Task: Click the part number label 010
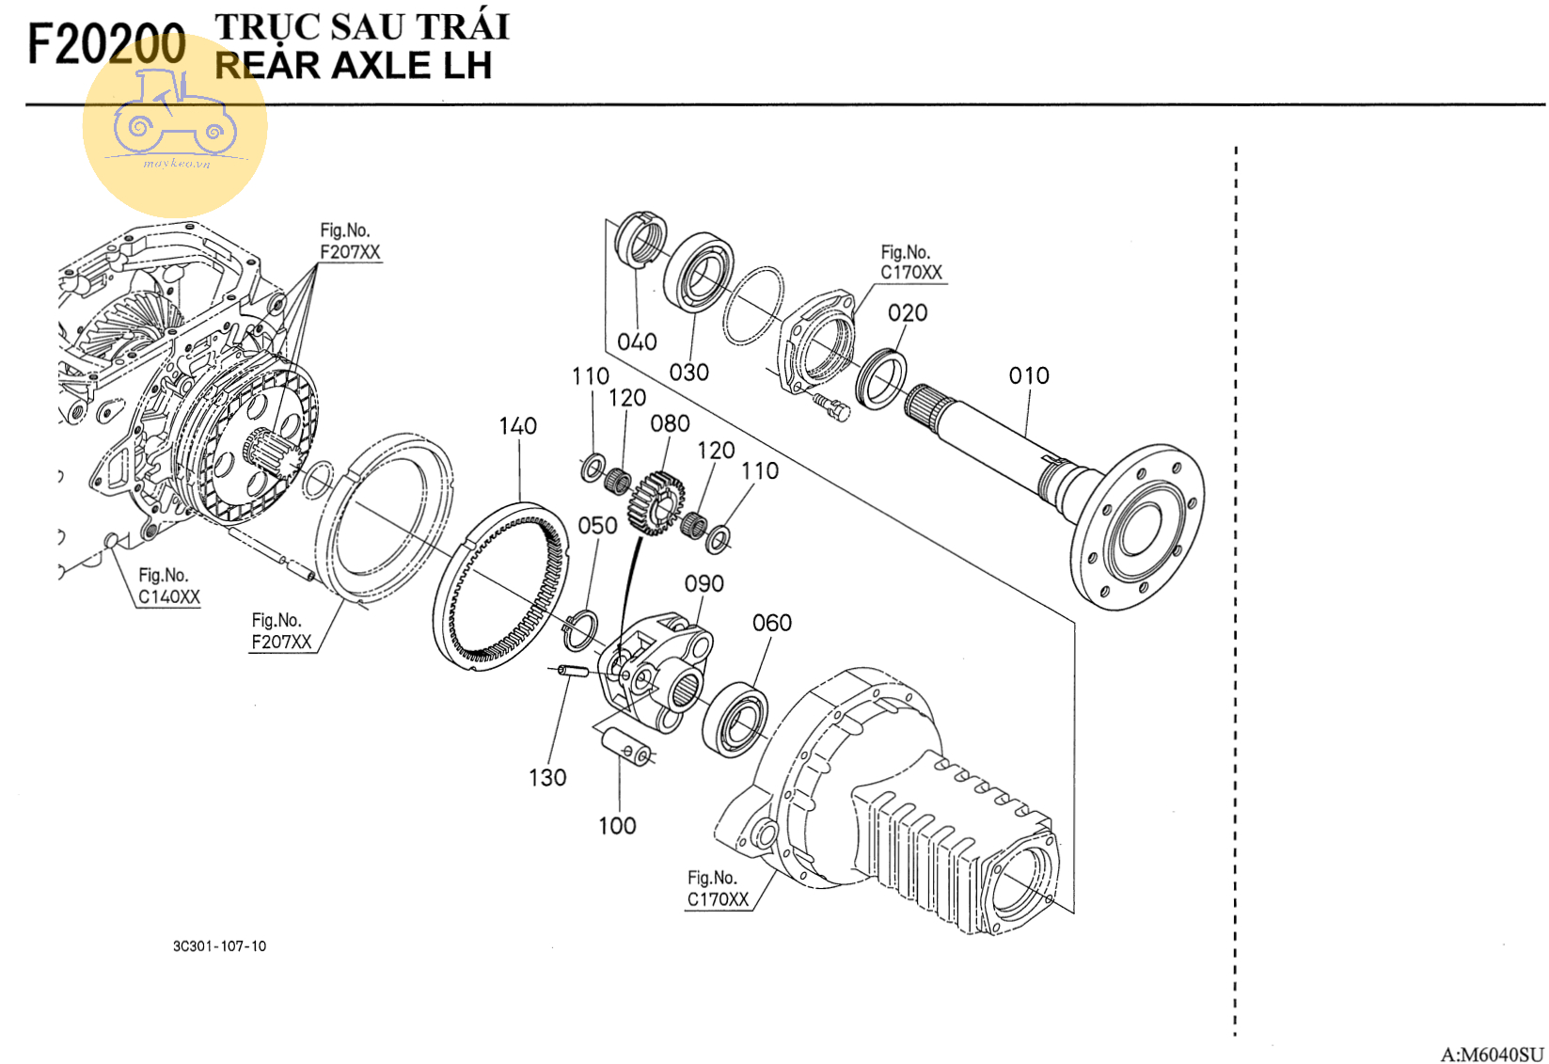1028,375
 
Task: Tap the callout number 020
908,312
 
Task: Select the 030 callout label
688,373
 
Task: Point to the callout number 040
637,341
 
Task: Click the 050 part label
597,525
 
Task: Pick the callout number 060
771,623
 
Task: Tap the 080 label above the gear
670,424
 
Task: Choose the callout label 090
703,584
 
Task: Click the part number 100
617,826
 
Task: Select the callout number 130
547,778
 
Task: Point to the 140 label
517,426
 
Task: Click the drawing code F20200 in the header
106,44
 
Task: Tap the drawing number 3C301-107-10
219,946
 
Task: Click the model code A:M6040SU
1491,1054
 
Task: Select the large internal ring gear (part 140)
503,588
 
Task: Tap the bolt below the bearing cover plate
832,406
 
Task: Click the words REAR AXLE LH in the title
354,66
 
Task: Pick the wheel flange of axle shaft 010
1140,527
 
